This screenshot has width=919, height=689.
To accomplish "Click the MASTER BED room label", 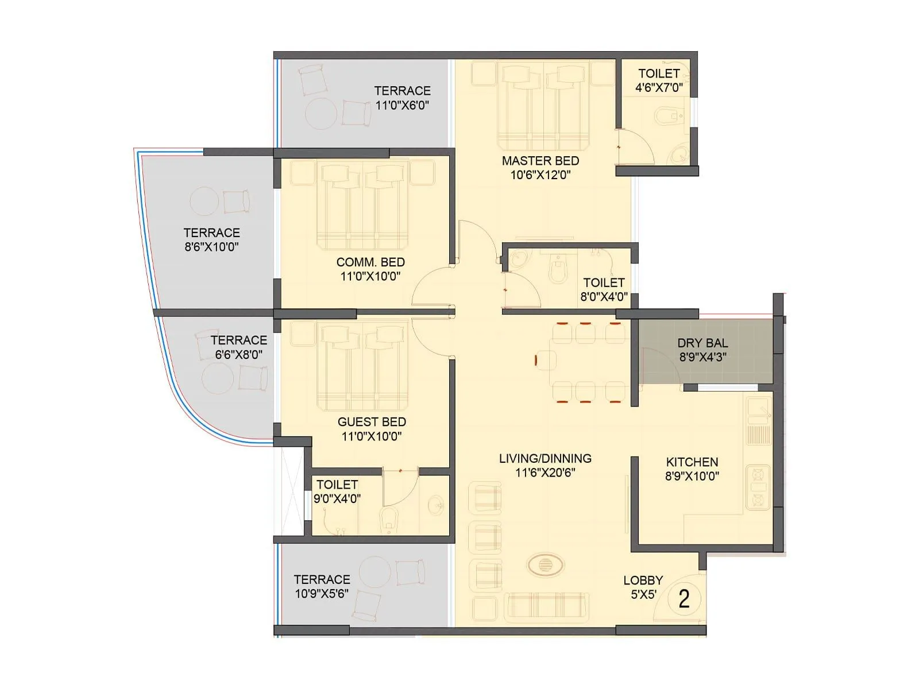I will coord(540,161).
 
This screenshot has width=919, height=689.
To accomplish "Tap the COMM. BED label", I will coord(370,262).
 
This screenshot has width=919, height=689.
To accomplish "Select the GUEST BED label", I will coord(372,422).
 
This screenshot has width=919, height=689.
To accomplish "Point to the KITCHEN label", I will coord(692,462).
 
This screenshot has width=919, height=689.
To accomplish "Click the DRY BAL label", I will coord(702,343).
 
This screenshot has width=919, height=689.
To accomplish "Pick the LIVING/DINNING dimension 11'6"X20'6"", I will coord(545,473).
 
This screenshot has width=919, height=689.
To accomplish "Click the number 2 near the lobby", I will coord(684,599).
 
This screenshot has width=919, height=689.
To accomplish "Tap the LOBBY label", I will coord(643,580).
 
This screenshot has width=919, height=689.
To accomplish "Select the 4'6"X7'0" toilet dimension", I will coord(659,88).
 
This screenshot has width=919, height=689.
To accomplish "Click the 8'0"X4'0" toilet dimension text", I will coord(604,297).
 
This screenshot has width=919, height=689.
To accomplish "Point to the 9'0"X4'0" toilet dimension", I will coord(337,499).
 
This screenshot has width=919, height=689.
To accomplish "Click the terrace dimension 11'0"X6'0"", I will coord(402,106).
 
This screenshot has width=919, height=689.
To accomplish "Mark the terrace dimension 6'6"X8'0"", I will coord(239,355).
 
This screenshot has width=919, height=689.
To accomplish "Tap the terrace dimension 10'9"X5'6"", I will coord(322,594).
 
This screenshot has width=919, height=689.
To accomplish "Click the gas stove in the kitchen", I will coord(758,487).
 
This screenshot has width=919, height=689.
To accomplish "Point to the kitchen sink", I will coord(758,409).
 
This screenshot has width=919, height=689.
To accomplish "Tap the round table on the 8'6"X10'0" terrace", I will coord(204,202).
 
